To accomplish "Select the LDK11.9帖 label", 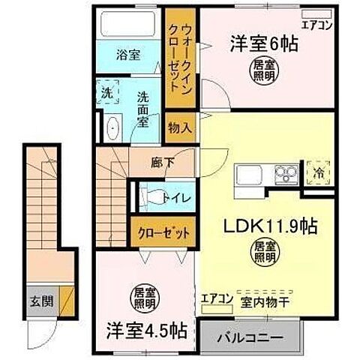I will click(257, 225).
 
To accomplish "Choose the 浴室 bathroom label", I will click(128, 55).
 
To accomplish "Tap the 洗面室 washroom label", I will click(145, 112).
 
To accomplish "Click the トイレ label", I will click(181, 198).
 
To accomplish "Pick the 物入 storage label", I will click(179, 127).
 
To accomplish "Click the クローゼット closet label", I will click(163, 232).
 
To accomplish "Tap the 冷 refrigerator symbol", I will click(320, 171).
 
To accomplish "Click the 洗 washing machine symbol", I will click(107, 95).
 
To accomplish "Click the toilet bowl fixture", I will click(154, 197).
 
